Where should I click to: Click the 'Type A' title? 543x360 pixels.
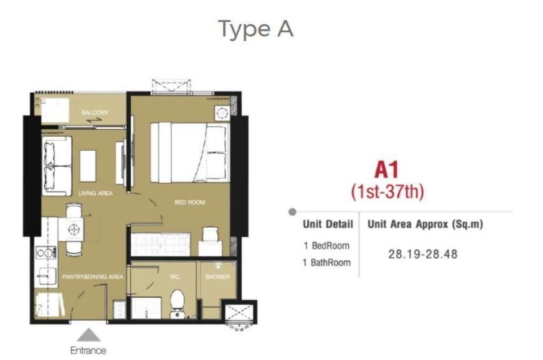256,29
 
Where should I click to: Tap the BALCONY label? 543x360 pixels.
95,113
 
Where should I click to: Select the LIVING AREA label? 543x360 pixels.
95,193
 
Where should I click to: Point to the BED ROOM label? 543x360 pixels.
190,202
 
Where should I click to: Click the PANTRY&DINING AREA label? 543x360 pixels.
93,277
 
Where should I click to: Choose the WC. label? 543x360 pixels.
175,277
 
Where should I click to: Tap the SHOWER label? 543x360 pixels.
218,277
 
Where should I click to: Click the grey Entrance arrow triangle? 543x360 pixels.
89,335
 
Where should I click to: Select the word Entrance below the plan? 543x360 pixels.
88,350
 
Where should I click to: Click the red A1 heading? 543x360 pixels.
387,170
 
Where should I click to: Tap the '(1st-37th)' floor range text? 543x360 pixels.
388,191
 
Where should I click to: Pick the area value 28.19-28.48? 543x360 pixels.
423,254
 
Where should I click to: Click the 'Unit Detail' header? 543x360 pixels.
328,225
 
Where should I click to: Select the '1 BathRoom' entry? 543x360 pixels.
327,263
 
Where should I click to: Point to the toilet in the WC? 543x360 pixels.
178,304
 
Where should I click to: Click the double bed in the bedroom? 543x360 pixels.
190,152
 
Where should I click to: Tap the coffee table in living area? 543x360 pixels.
88,166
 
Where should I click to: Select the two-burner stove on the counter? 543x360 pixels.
46,253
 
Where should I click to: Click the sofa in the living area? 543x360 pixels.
57,166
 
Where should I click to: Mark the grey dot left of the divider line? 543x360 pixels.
292,212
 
